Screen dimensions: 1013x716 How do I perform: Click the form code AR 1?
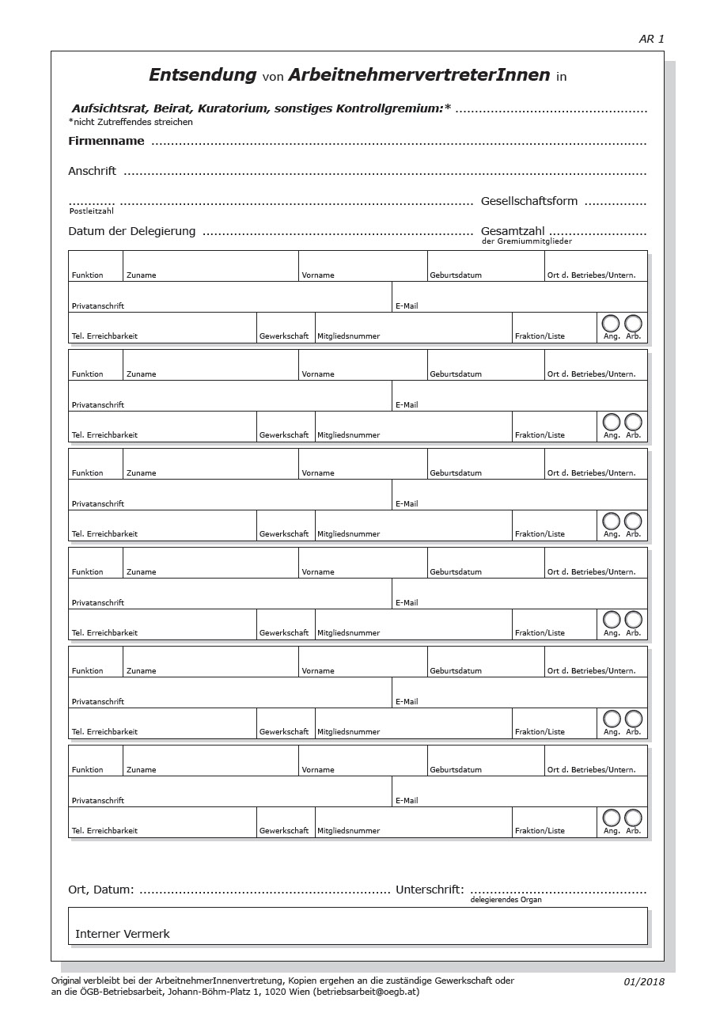(x=651, y=39)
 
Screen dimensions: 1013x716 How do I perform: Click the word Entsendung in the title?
(x=203, y=75)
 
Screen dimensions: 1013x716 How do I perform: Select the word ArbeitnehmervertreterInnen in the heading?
(x=419, y=75)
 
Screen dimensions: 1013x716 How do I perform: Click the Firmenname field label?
(x=106, y=141)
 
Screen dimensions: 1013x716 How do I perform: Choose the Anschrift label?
(x=92, y=171)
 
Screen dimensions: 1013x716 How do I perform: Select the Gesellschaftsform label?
(x=529, y=201)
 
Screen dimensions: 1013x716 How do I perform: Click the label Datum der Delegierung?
(x=131, y=231)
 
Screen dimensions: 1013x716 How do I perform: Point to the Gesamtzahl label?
(x=513, y=231)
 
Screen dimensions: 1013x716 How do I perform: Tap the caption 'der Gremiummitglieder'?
(x=526, y=241)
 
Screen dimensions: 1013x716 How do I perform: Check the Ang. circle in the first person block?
(x=611, y=323)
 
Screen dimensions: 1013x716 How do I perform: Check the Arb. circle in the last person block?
(x=633, y=818)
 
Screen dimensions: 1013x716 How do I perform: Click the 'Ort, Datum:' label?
(x=101, y=890)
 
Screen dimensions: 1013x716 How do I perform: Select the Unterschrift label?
(x=430, y=890)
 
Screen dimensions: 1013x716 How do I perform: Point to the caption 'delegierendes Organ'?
(x=506, y=900)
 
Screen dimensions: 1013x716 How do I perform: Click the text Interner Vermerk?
(x=123, y=934)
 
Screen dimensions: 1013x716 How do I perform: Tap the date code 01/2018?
(x=644, y=982)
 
